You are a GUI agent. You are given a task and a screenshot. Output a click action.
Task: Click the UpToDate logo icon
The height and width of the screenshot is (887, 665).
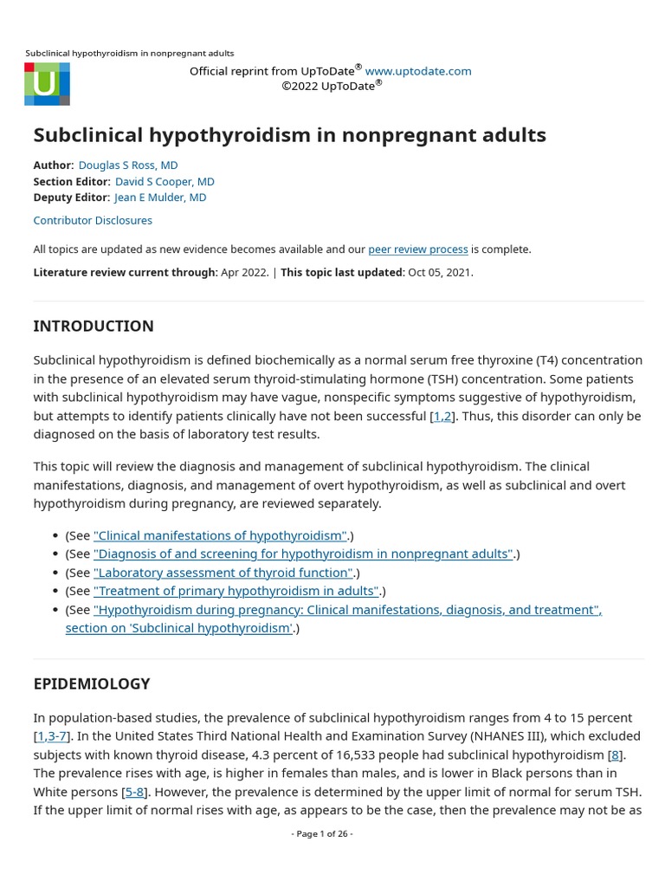click(47, 84)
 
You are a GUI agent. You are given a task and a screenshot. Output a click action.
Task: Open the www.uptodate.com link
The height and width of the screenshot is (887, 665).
click(418, 71)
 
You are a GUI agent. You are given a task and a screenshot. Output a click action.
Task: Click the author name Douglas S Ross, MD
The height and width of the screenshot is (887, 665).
click(128, 165)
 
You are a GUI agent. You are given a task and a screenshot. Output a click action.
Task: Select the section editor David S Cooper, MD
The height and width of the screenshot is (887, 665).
click(165, 181)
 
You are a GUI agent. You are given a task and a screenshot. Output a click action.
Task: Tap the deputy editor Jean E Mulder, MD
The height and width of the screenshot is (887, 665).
click(160, 197)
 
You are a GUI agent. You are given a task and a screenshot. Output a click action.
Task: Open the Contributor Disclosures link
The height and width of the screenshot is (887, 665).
click(93, 220)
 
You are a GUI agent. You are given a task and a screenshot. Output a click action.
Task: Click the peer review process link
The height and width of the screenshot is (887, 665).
click(418, 249)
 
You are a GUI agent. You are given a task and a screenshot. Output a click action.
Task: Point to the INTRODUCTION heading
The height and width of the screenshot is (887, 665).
click(94, 326)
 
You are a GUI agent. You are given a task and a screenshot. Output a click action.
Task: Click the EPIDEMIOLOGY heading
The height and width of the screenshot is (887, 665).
click(92, 683)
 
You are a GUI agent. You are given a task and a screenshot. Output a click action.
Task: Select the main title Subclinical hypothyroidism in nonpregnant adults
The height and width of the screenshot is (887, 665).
click(289, 134)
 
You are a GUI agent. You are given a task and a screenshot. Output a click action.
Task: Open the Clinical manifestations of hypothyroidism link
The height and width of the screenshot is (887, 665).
click(220, 535)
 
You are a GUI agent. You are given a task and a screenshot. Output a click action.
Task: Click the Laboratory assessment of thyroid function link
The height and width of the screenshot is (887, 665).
click(223, 573)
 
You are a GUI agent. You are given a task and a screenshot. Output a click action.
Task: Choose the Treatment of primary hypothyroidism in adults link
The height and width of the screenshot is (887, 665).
click(236, 591)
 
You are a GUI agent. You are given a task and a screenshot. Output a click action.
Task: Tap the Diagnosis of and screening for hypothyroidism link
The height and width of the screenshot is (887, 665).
click(304, 554)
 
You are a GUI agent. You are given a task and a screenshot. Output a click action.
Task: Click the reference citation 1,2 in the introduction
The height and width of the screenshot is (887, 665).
click(442, 416)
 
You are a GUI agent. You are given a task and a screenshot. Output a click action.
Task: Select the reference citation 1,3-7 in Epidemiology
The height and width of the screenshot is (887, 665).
click(52, 736)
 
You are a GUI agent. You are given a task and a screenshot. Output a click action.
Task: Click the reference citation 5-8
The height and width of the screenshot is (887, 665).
click(136, 792)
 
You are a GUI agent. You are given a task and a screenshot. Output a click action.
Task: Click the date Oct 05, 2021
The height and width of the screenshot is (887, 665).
click(440, 272)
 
